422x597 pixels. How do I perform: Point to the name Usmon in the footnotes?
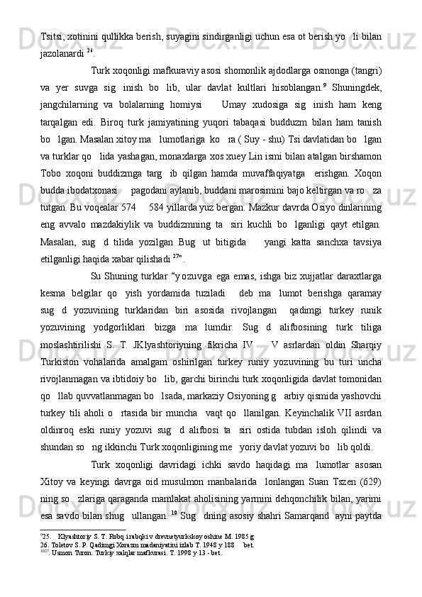coord(57,585)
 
